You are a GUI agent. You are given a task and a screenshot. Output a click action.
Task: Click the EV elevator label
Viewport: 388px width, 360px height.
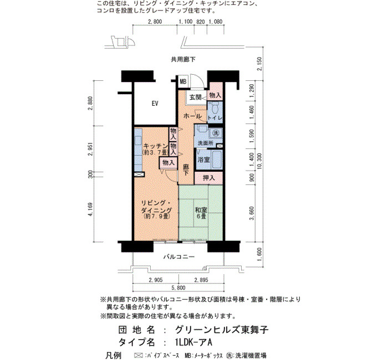click(155, 104)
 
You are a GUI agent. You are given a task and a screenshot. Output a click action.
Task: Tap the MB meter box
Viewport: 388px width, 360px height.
click(183, 81)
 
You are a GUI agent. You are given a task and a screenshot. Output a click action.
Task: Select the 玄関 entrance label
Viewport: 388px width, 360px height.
click(196, 97)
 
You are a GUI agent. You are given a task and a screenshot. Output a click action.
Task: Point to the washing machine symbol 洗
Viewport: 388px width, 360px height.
click(216, 133)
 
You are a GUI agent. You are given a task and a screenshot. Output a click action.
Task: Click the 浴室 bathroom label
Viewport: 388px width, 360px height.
click(203, 160)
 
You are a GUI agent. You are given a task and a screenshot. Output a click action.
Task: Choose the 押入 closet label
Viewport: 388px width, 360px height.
click(209, 178)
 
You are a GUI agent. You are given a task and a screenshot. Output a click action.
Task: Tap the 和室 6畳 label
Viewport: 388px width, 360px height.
click(201, 213)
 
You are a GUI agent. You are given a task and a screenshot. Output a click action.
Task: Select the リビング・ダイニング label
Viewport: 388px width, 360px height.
click(156, 207)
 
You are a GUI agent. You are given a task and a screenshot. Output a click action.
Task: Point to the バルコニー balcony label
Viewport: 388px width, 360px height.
click(179, 256)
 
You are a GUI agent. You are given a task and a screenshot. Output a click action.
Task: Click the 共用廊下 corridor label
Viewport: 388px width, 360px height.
click(183, 59)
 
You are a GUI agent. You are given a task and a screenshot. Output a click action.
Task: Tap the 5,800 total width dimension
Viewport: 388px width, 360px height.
click(178, 288)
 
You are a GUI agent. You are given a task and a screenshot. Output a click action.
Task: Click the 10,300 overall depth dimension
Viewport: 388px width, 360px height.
click(259, 161)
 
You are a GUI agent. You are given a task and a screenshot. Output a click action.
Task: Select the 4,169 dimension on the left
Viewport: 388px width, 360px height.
click(90, 210)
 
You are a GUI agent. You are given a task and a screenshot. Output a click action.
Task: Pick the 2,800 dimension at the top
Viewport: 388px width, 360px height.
click(155, 22)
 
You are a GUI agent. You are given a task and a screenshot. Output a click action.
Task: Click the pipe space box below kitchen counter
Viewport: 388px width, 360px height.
click(139, 174)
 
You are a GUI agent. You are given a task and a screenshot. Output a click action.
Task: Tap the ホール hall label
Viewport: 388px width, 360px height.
click(192, 116)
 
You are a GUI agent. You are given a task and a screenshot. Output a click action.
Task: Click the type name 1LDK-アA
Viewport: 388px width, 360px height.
click(193, 342)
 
